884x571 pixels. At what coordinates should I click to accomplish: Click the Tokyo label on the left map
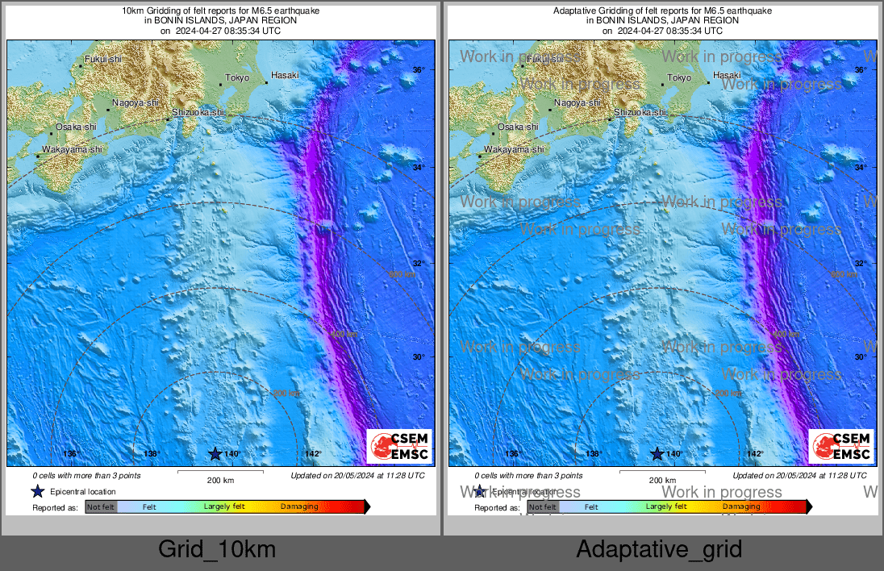pyautogui.click(x=237, y=77)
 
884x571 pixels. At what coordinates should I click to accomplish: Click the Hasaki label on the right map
pyautogui.click(x=726, y=75)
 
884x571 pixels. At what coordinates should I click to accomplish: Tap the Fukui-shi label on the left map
pyautogui.click(x=103, y=59)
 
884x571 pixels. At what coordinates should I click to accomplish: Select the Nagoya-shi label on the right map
pyautogui.click(x=577, y=102)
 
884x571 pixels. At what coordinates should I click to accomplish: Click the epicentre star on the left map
pyautogui.click(x=215, y=454)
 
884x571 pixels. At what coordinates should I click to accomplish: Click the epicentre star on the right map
pyautogui.click(x=657, y=454)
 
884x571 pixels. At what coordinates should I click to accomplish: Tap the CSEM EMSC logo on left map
pyautogui.click(x=399, y=446)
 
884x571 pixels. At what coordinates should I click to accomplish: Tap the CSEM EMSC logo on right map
pyautogui.click(x=841, y=446)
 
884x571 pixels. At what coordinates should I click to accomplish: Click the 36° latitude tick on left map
pyautogui.click(x=419, y=70)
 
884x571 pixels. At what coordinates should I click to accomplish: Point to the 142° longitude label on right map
pyautogui.click(x=755, y=454)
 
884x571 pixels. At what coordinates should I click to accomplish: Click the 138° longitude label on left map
pyautogui.click(x=152, y=454)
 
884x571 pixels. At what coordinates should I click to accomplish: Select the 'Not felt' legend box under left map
pyautogui.click(x=101, y=506)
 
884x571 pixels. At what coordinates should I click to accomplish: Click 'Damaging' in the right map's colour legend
pyautogui.click(x=741, y=506)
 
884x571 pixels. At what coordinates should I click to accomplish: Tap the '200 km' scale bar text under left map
pyautogui.click(x=220, y=481)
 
